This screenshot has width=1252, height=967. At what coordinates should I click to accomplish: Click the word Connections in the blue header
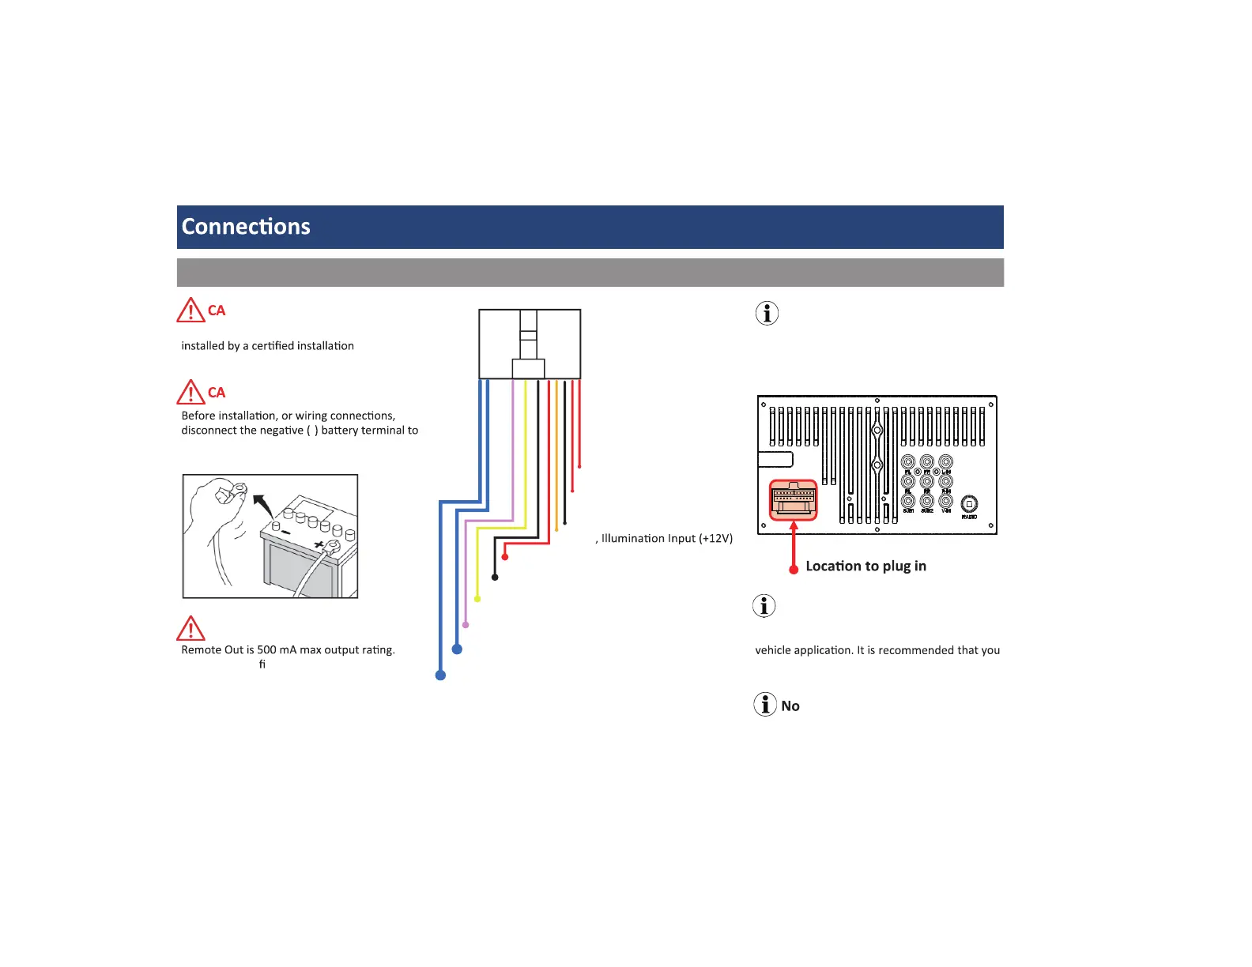pyautogui.click(x=246, y=227)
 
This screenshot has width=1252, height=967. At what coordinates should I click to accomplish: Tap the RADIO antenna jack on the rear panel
pyautogui.click(x=969, y=504)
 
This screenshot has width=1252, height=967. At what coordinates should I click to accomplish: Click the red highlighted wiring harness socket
pyautogui.click(x=794, y=501)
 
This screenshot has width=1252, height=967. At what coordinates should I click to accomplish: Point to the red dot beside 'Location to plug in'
pyautogui.click(x=794, y=569)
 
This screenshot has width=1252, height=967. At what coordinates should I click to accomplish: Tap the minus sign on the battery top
pyautogui.click(x=285, y=532)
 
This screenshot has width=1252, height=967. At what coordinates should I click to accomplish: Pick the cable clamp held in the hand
pyautogui.click(x=229, y=492)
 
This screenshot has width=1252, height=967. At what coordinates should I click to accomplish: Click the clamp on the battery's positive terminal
pyautogui.click(x=331, y=546)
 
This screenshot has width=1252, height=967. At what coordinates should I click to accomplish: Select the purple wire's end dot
pyautogui.click(x=466, y=625)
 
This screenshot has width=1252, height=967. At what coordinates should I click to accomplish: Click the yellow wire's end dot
pyautogui.click(x=477, y=599)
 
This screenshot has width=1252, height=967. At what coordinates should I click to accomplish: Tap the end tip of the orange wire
pyautogui.click(x=556, y=529)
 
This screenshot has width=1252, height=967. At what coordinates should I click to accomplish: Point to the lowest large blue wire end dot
pyautogui.click(x=440, y=675)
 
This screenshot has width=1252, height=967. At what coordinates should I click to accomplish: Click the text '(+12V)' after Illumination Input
pyautogui.click(x=716, y=539)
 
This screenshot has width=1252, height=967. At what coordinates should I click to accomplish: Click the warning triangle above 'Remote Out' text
pyautogui.click(x=190, y=629)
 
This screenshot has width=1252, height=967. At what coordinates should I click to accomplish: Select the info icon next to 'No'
pyautogui.click(x=765, y=704)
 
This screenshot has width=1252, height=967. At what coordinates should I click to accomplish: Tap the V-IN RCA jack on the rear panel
pyautogui.click(x=946, y=501)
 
